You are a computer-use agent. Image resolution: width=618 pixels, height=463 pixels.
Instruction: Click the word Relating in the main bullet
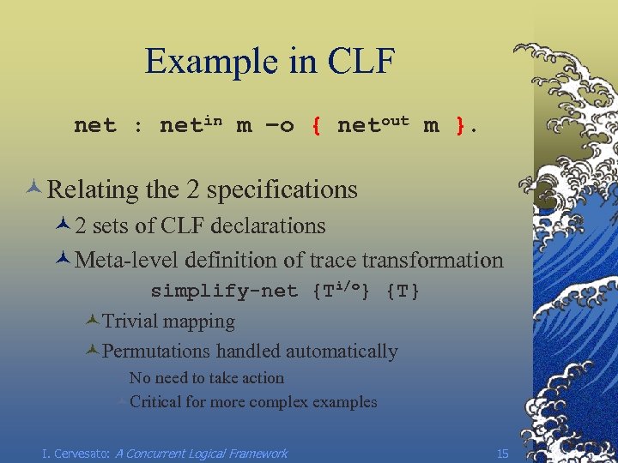(88, 189)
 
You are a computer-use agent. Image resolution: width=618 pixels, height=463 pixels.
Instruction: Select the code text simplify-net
(224, 292)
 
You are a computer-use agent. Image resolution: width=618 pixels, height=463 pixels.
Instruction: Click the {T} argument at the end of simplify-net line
(403, 292)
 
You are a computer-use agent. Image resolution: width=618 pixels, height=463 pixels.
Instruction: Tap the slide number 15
(503, 453)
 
